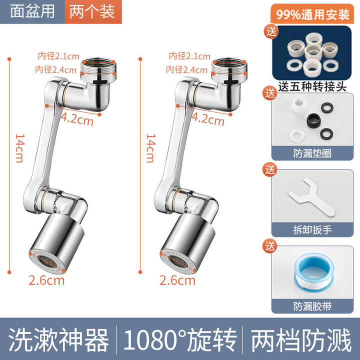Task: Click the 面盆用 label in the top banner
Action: point(32,11)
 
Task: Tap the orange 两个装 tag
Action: point(93,11)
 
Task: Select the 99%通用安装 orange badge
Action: point(312,14)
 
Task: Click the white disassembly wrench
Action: point(312,196)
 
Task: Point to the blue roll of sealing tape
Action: point(314,272)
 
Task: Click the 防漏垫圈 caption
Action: point(312,153)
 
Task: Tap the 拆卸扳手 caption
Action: point(312,229)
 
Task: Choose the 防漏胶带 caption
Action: point(312,306)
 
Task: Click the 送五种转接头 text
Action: point(312,87)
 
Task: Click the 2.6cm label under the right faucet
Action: point(177,280)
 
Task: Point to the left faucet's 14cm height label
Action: point(19,148)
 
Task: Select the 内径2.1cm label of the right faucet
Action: point(189,56)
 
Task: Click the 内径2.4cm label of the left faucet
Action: point(55,69)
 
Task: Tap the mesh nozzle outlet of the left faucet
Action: point(47,261)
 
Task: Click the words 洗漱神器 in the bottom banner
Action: point(58,340)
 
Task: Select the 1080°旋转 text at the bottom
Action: point(179,340)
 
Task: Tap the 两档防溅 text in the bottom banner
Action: point(301,340)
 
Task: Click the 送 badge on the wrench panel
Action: point(270,169)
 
